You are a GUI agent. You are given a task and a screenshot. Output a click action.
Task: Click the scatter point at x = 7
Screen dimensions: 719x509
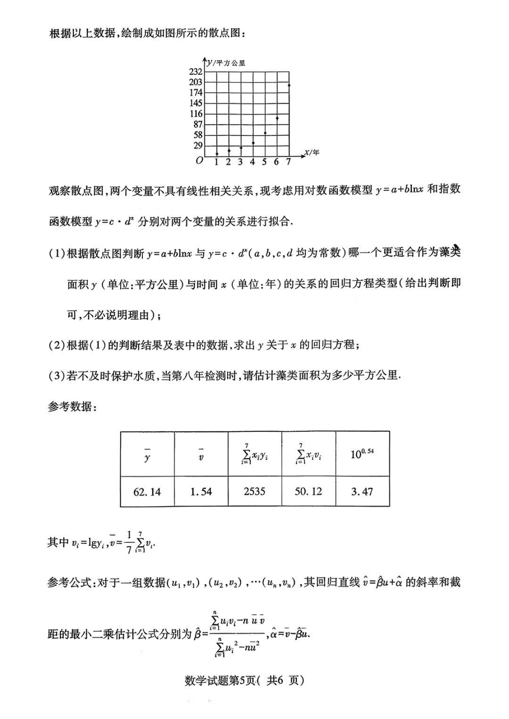pyautogui.click(x=289, y=85)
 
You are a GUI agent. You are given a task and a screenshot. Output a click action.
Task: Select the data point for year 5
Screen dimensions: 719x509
pyautogui.click(x=265, y=133)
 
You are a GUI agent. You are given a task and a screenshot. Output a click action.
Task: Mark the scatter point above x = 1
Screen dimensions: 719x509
pyautogui.click(x=217, y=153)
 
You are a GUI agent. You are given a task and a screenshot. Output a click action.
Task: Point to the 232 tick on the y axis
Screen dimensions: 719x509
pyautogui.click(x=196, y=72)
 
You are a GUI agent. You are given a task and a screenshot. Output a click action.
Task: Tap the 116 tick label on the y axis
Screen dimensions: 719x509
pyautogui.click(x=196, y=113)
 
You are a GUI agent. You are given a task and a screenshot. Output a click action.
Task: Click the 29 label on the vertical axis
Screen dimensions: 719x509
pyautogui.click(x=198, y=145)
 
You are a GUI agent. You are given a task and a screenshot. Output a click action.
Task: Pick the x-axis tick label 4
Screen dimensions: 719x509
pyautogui.click(x=252, y=162)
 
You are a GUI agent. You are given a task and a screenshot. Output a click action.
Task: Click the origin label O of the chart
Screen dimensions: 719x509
pyautogui.click(x=199, y=161)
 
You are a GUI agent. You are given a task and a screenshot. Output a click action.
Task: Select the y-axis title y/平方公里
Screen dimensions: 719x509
pyautogui.click(x=226, y=63)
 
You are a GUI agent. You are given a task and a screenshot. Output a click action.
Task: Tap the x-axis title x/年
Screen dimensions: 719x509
pyautogui.click(x=312, y=153)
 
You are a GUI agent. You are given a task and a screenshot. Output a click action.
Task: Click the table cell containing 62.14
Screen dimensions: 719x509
pyautogui.click(x=147, y=492)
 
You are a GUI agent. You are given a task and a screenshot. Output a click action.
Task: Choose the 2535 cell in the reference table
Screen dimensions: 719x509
pyautogui.click(x=254, y=492)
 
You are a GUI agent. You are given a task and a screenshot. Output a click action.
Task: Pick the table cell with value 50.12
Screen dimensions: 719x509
pyautogui.click(x=308, y=492)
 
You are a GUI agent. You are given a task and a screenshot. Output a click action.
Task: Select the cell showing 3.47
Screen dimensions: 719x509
pyautogui.click(x=362, y=492)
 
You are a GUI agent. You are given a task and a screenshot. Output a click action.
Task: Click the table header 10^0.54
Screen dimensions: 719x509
pyautogui.click(x=362, y=454)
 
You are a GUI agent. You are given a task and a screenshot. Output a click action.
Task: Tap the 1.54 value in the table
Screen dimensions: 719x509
pyautogui.click(x=201, y=492)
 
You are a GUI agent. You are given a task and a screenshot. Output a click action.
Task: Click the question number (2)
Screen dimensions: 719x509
pyautogui.click(x=56, y=345)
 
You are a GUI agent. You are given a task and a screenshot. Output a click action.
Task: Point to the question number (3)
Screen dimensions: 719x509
pyautogui.click(x=56, y=376)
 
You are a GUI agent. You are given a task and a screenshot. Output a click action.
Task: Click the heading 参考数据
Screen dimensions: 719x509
pyautogui.click(x=72, y=407)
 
